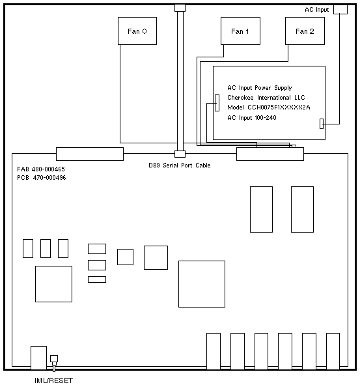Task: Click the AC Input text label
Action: point(316,10)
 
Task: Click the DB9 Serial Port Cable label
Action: point(180,165)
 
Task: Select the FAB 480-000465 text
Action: point(41,169)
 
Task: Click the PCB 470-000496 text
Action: point(42,178)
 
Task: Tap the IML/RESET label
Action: point(54,380)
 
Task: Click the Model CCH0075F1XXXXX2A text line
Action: point(268,107)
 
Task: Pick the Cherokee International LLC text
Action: point(266,98)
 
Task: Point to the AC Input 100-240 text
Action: point(252,118)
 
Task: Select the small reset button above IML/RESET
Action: point(54,358)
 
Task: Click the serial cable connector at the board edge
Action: point(180,154)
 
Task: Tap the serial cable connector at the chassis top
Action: point(180,8)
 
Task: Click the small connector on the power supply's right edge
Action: point(322,124)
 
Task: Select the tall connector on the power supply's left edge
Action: point(217,103)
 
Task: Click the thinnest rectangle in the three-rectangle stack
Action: point(97,279)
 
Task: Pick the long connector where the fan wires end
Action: point(270,154)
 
